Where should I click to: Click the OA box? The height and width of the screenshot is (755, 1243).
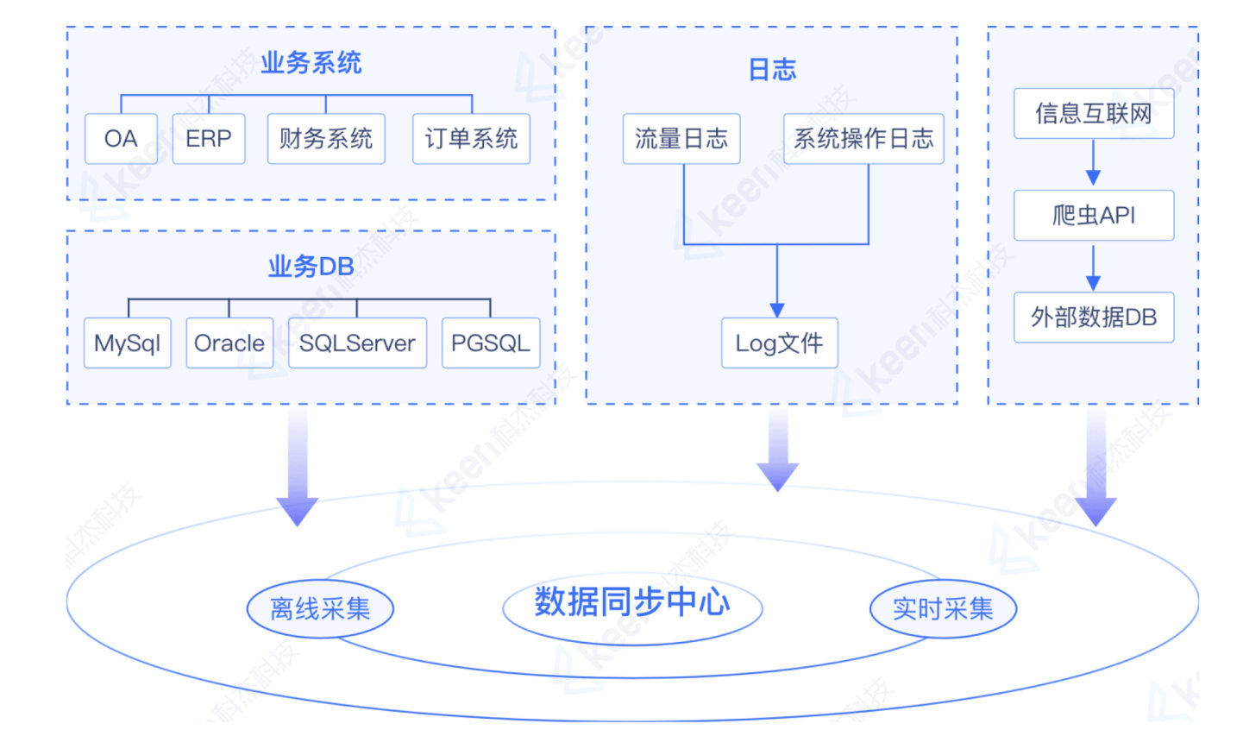pyautogui.click(x=121, y=138)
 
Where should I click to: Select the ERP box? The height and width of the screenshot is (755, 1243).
pyautogui.click(x=209, y=138)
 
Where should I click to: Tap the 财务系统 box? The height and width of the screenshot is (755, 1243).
pyautogui.click(x=326, y=138)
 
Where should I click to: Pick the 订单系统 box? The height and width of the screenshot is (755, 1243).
pyautogui.click(x=471, y=138)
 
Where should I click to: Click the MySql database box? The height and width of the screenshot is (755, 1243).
pyautogui.click(x=128, y=343)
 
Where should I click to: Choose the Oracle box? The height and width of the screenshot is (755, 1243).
pyautogui.click(x=229, y=343)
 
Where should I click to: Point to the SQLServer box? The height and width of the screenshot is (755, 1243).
pyautogui.click(x=357, y=343)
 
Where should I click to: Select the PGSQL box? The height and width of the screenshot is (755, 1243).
pyautogui.click(x=491, y=343)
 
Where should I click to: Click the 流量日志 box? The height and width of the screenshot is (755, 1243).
pyautogui.click(x=681, y=138)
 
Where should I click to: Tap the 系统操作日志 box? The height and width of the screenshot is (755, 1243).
pyautogui.click(x=863, y=138)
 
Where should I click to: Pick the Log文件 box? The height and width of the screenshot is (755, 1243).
pyautogui.click(x=779, y=343)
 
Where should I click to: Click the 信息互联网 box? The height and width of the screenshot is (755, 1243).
pyautogui.click(x=1094, y=113)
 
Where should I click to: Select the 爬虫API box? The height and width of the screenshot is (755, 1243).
pyautogui.click(x=1094, y=215)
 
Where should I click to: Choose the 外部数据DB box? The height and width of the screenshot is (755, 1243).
pyautogui.click(x=1094, y=317)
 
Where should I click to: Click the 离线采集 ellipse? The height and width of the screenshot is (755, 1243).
pyautogui.click(x=320, y=608)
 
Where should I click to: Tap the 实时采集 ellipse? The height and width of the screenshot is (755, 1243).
pyautogui.click(x=943, y=608)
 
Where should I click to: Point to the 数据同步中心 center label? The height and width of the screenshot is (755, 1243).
pyautogui.click(x=632, y=601)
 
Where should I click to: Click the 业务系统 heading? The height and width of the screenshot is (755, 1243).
pyautogui.click(x=311, y=63)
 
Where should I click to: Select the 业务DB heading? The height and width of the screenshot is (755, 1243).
pyautogui.click(x=311, y=267)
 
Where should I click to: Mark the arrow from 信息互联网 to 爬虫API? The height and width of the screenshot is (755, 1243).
pyautogui.click(x=1093, y=162)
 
